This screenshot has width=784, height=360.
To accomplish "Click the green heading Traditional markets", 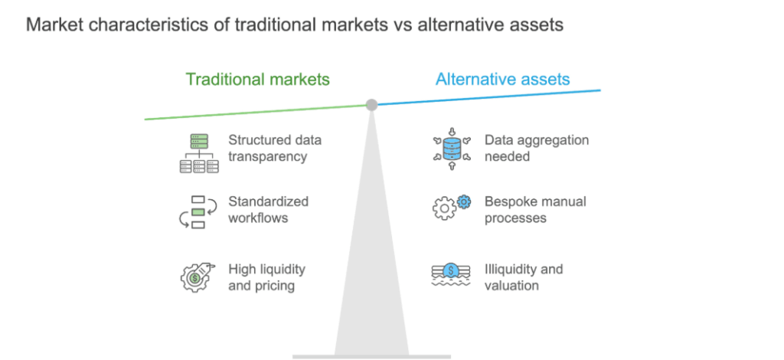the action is coord(257,80).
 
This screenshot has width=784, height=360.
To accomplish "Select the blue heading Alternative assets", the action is coord(502,80).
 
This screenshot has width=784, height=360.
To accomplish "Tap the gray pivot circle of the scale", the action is coord(371,104).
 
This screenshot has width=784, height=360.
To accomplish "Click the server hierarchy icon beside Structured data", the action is coord(199,153).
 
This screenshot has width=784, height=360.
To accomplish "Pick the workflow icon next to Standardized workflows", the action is coord(198,212).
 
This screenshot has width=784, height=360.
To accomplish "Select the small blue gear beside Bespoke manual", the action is coord(464,201).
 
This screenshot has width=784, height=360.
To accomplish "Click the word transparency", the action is coord(267,156).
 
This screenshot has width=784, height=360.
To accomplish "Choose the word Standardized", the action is coord(269,201).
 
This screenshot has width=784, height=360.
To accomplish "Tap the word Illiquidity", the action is coord(509,270).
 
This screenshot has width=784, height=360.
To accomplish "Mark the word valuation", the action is coord(511,286).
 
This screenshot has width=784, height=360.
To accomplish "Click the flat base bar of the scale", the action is coord(371,357).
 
